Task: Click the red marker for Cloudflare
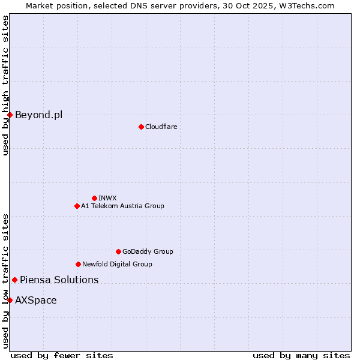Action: [x=141, y=127]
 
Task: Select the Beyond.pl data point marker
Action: [x=10, y=115]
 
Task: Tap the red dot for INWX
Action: [x=94, y=198]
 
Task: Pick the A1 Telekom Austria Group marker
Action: [x=77, y=206]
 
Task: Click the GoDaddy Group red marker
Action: [x=118, y=251]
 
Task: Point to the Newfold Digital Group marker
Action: [x=78, y=264]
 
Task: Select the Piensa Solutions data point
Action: [x=14, y=280]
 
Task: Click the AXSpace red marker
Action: [x=10, y=300]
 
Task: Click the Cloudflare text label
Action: [x=161, y=127]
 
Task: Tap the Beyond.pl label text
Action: [x=38, y=115]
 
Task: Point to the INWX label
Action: [x=107, y=198]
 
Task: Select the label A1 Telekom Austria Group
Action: [x=122, y=206]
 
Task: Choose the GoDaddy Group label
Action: [x=148, y=251]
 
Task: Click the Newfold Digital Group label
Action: [x=117, y=264]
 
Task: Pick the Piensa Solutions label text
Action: [x=59, y=280]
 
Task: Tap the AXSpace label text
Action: [x=36, y=300]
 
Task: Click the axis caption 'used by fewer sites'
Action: [x=62, y=356]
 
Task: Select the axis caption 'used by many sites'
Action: [x=301, y=356]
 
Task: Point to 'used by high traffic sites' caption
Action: [x=5, y=85]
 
